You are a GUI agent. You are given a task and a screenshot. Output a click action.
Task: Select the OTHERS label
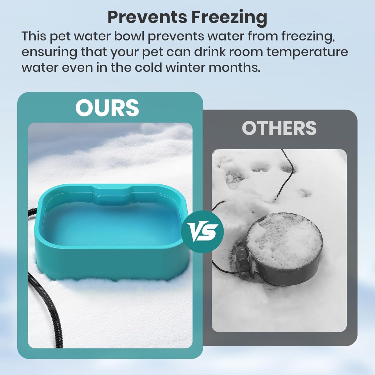279,128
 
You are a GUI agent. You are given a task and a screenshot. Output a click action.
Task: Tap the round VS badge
202,231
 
